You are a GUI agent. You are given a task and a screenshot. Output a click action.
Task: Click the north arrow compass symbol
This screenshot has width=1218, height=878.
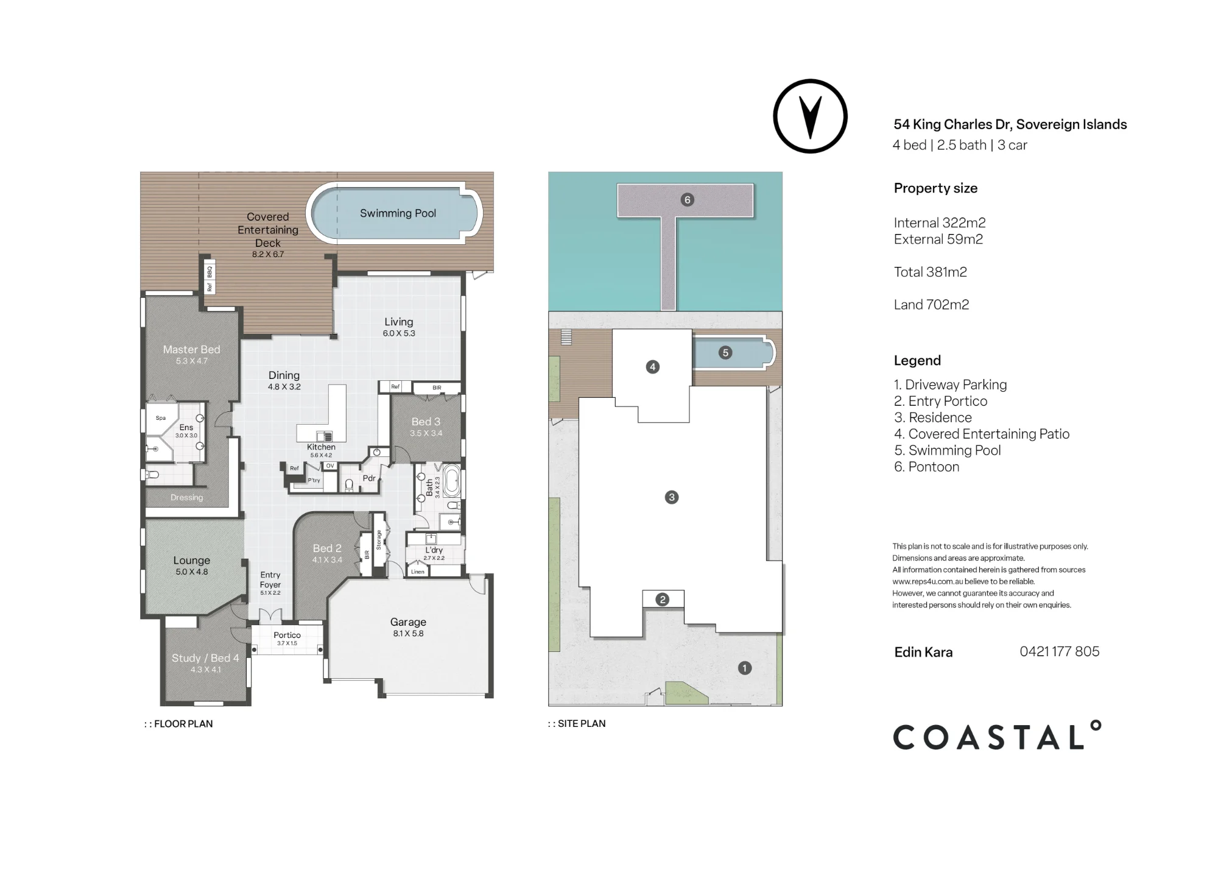[x=810, y=116]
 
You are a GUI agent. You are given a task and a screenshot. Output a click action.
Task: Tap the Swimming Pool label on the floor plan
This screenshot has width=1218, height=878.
[x=398, y=213]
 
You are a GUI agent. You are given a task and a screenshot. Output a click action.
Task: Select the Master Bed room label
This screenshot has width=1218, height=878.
[x=191, y=349]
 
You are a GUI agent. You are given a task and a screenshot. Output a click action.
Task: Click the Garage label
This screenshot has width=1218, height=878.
[x=408, y=622]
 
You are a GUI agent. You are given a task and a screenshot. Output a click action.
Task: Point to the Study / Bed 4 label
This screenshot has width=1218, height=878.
[x=205, y=658]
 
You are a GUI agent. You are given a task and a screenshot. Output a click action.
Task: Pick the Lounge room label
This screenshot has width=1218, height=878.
[x=191, y=561]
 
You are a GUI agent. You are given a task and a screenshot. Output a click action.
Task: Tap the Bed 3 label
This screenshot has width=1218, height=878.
[x=426, y=422]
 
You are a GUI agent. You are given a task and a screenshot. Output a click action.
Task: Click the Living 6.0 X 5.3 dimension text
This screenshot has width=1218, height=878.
[x=399, y=333]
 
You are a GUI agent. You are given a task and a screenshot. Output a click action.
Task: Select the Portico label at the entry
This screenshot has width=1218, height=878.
[x=287, y=635]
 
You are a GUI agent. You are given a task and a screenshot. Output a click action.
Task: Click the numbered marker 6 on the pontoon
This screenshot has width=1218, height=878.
[x=687, y=200]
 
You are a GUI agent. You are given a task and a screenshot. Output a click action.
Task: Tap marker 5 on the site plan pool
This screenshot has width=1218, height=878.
[x=725, y=352]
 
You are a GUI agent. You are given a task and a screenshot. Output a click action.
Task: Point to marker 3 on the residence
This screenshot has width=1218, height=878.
[x=672, y=497]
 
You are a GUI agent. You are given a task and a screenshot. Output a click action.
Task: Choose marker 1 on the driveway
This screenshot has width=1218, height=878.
[x=744, y=668]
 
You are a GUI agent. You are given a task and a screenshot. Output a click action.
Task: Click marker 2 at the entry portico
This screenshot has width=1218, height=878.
[x=663, y=600]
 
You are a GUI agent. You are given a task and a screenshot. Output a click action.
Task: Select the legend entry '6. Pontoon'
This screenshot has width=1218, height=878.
[x=926, y=467]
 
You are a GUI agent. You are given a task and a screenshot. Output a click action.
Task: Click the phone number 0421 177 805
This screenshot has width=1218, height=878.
[x=1060, y=651]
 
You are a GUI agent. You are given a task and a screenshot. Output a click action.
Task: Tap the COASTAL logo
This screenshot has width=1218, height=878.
[x=997, y=735]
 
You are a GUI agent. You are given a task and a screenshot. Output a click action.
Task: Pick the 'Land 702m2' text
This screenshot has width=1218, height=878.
[x=931, y=305]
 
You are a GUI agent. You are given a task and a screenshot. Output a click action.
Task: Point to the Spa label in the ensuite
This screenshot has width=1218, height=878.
[x=161, y=418]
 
